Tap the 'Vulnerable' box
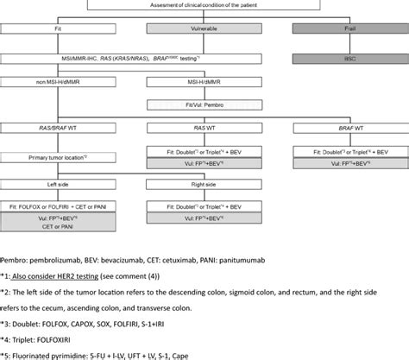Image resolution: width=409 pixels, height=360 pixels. [204, 29]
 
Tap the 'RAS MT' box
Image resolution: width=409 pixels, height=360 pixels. [204, 129]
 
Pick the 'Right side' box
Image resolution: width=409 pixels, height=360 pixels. [204, 183]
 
